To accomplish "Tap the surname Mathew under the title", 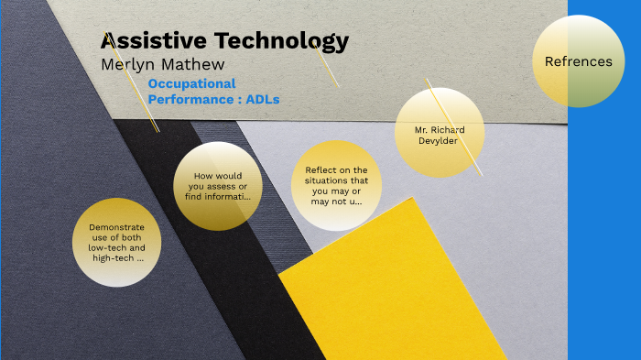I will (195, 64).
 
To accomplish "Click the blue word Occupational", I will (191, 83).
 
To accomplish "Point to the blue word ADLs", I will (263, 99).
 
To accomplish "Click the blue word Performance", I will (190, 99).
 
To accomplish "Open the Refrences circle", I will (578, 61).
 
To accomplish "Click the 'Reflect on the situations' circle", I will (336, 186).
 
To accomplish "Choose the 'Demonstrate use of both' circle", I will (117, 242).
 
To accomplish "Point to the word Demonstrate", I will (117, 227).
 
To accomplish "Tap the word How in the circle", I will (204, 175).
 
